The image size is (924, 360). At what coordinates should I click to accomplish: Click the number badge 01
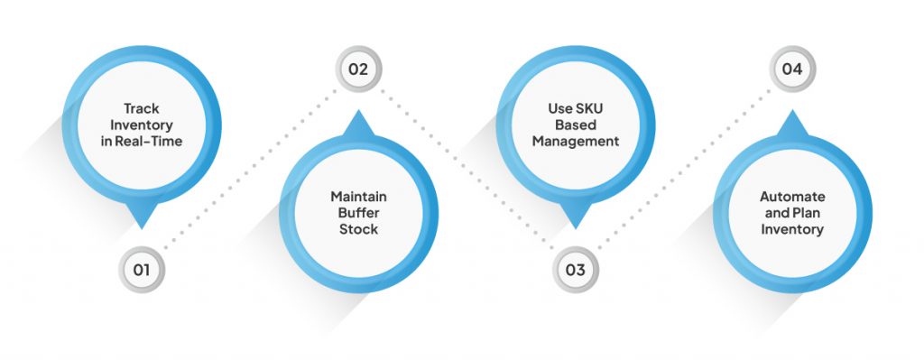(x=142, y=269)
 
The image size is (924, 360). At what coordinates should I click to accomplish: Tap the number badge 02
(x=358, y=69)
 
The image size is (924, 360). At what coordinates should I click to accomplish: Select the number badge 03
(x=576, y=269)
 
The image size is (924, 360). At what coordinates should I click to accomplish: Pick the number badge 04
(x=791, y=69)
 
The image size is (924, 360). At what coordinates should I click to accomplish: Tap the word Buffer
(x=358, y=214)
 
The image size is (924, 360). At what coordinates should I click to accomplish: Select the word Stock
(x=358, y=229)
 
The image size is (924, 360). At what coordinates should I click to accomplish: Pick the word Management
(x=576, y=141)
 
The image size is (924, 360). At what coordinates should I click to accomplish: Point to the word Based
(x=576, y=125)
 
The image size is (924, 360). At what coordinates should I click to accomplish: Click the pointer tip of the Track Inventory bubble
(x=142, y=226)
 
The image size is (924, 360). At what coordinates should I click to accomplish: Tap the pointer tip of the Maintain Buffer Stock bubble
(x=358, y=113)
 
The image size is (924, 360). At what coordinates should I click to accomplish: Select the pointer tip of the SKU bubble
(x=576, y=226)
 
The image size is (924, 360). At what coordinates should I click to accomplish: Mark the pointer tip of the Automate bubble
(x=791, y=113)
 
